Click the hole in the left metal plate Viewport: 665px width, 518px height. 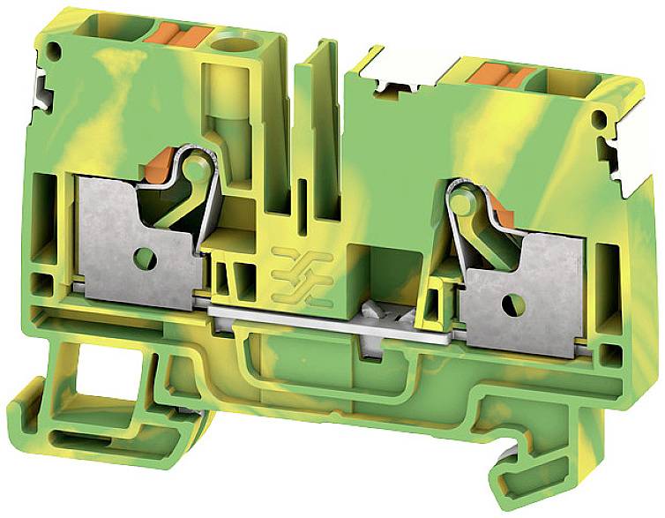(145, 259)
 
